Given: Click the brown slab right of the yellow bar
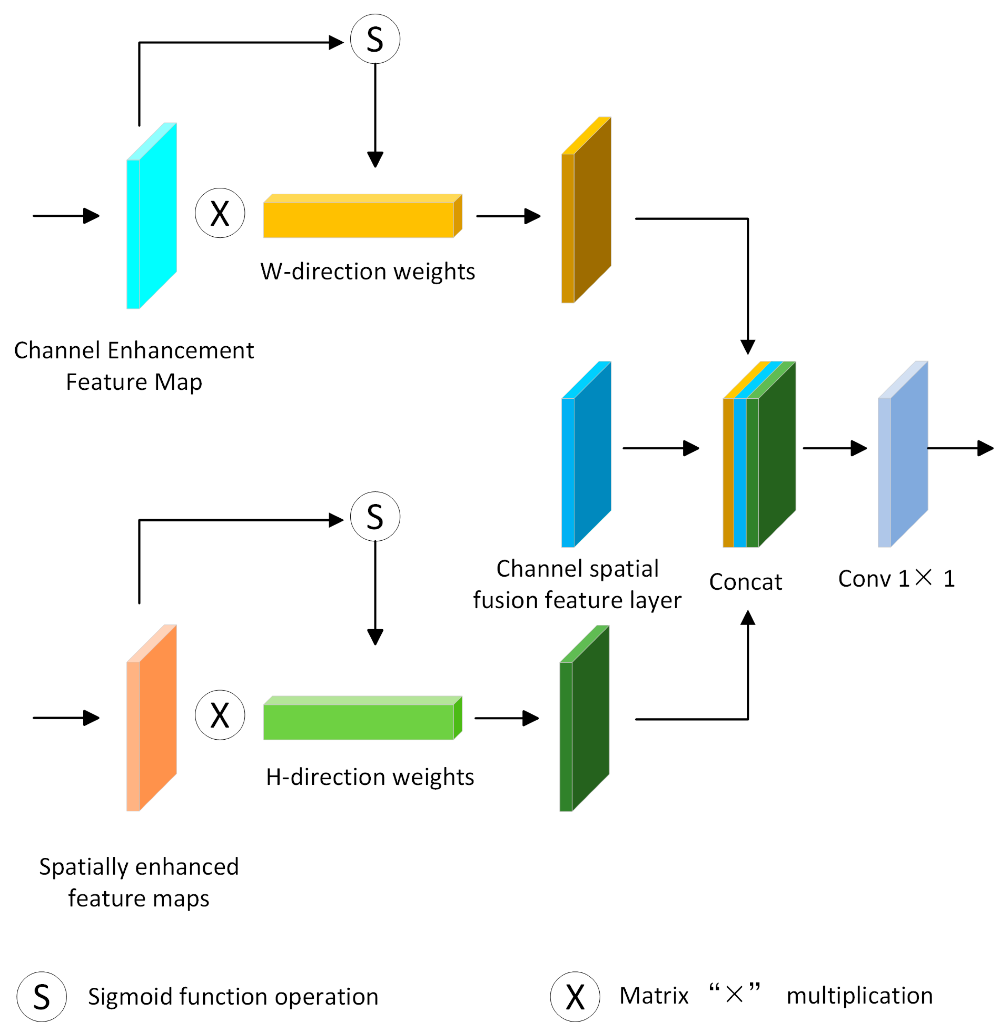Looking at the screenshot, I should click(x=587, y=211).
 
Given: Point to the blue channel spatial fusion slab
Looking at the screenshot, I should click(x=587, y=455).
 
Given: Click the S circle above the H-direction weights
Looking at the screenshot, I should click(x=375, y=516).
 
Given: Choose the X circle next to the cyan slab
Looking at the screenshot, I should click(x=220, y=213).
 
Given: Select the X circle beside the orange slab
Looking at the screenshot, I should click(x=220, y=715).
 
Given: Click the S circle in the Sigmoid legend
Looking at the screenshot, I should click(x=42, y=997).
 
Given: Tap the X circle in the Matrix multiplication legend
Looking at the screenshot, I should click(x=575, y=997).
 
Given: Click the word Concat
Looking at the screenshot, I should click(x=745, y=582).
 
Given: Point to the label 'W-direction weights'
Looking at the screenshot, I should click(x=367, y=272).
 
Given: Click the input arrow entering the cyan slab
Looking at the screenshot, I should click(x=66, y=216).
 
